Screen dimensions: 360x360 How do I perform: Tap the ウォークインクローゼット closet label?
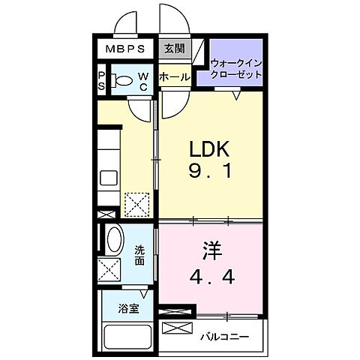236,70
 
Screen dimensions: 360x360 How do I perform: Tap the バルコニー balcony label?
224,337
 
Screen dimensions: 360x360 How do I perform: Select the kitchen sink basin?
107,179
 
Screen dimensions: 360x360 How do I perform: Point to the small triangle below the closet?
236,95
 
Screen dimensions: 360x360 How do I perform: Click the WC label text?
143,80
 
